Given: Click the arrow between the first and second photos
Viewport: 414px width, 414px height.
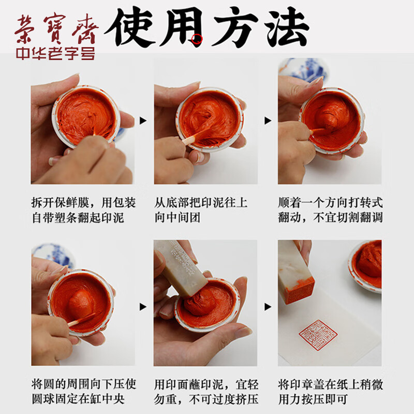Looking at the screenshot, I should [143, 121].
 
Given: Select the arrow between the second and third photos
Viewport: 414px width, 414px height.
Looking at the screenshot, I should [268, 121].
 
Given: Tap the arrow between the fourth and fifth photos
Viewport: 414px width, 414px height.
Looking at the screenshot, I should [143, 307].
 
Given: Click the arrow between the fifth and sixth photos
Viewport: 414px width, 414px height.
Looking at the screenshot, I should [268, 307].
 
